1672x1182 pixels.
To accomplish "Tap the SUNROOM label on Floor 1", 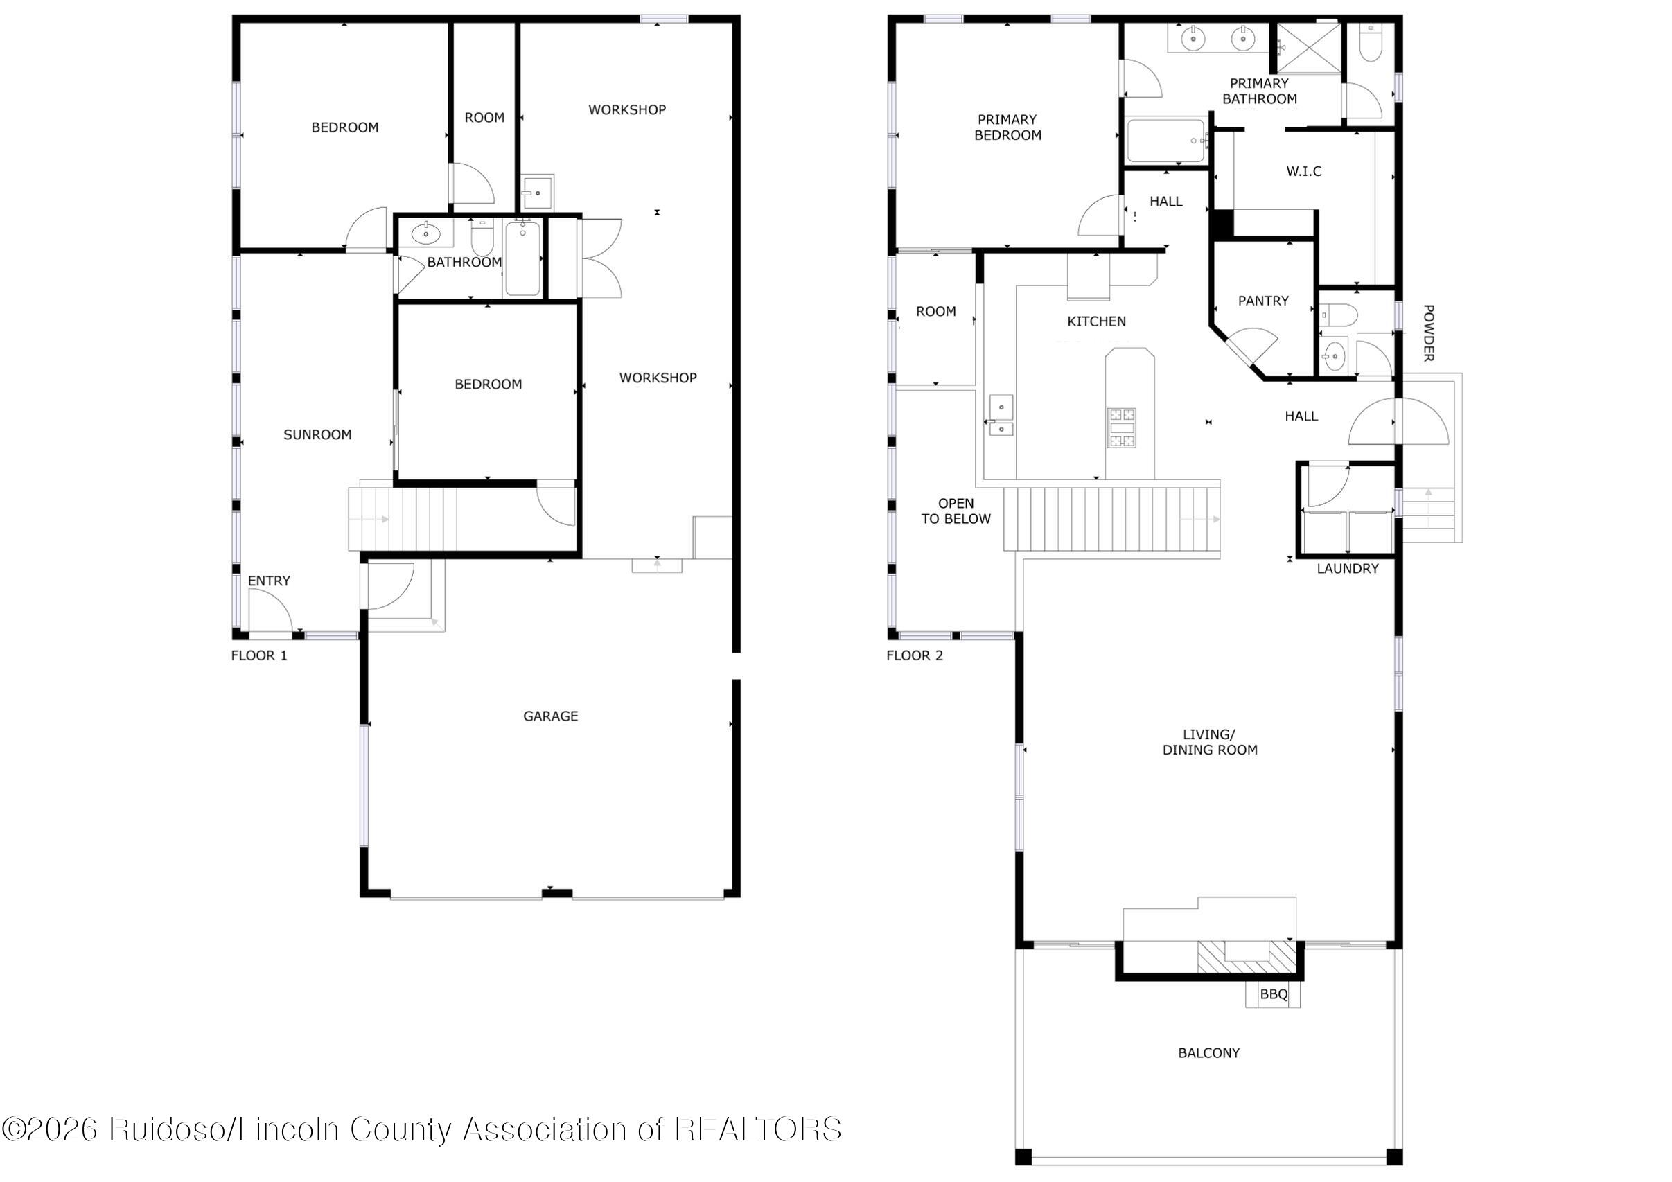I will pyautogui.click(x=317, y=435).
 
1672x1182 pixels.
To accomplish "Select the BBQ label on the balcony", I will pyautogui.click(x=1274, y=994).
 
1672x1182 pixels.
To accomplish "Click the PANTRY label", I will pyautogui.click(x=1262, y=301).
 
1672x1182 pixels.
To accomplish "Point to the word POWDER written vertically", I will pyautogui.click(x=1428, y=333).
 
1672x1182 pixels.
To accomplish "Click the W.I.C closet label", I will pyautogui.click(x=1303, y=171).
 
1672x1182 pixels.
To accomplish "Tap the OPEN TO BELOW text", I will pyautogui.click(x=956, y=511).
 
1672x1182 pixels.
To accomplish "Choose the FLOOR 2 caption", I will pyautogui.click(x=914, y=655).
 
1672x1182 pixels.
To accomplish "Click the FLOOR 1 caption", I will pyautogui.click(x=258, y=655).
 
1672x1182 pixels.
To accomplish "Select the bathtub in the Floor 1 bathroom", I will pyautogui.click(x=522, y=258).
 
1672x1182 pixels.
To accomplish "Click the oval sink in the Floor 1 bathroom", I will pyautogui.click(x=425, y=233).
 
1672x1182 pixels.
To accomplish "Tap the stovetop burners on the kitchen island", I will pyautogui.click(x=1120, y=427).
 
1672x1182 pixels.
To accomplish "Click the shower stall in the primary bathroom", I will pyautogui.click(x=1308, y=48).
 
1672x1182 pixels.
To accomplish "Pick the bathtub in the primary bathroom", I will pyautogui.click(x=1166, y=141).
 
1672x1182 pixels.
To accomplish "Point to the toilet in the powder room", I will pyautogui.click(x=1339, y=315).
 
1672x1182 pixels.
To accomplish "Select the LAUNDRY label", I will pyautogui.click(x=1347, y=569).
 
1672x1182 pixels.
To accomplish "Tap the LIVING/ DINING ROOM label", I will pyautogui.click(x=1210, y=742).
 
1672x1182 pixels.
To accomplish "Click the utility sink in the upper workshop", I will pyautogui.click(x=538, y=191).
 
